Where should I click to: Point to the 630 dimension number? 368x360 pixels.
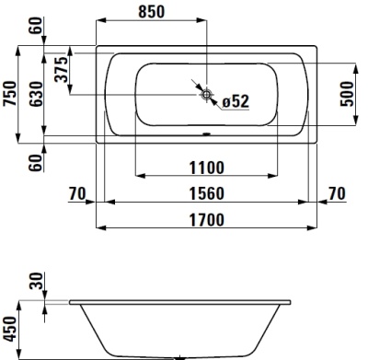tap(36, 93)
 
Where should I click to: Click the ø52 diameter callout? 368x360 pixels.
tap(236, 101)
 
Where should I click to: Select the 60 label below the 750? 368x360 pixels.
tap(36, 163)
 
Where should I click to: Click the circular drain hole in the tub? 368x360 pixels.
tap(207, 94)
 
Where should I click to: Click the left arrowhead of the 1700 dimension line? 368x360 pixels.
tap(102, 227)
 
